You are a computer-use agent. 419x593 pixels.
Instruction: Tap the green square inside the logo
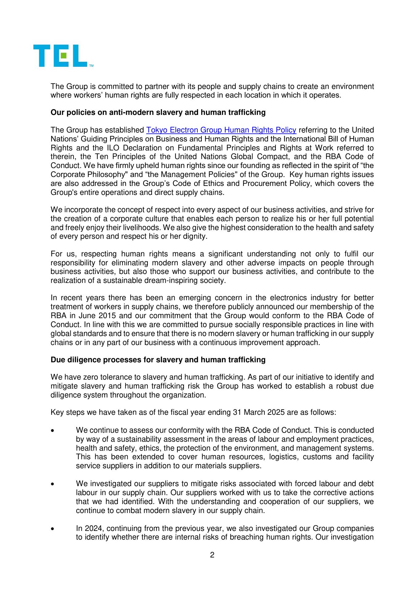[x=63, y=56]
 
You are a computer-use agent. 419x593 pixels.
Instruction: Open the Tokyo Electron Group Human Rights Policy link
[x=221, y=130]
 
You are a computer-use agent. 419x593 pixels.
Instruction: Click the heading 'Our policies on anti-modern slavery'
[x=158, y=112]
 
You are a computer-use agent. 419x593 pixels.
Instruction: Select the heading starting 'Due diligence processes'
[x=158, y=360]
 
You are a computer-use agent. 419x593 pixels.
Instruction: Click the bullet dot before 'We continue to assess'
[x=53, y=430]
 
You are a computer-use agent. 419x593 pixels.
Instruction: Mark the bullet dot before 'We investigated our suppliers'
[x=53, y=484]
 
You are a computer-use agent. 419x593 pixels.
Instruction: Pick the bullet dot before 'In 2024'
[x=53, y=528]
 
